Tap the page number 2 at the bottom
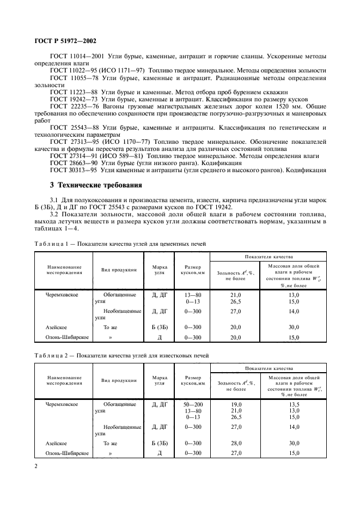(x=35, y=466)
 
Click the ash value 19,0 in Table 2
(x=236, y=404)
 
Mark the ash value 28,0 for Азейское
(x=236, y=443)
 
